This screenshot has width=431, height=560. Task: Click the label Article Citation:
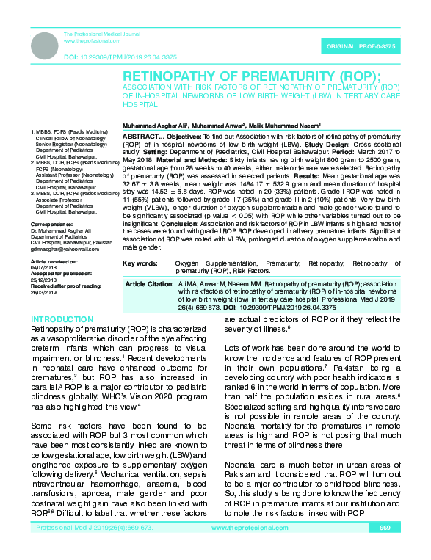pos(149,283)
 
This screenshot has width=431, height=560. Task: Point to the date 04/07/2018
pos(42,266)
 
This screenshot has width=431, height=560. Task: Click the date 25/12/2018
pos(42,279)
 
